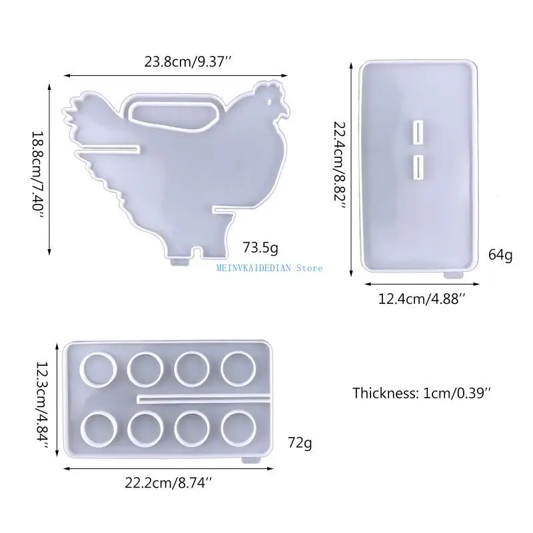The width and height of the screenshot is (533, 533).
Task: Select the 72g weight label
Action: (x=299, y=442)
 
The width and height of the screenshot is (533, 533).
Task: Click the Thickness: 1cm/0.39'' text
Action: (x=421, y=392)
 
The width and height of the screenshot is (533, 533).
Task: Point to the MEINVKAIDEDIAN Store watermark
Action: (x=270, y=268)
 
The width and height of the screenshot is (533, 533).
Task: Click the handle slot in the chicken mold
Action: (x=175, y=113)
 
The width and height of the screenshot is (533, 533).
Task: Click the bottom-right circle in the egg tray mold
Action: (x=239, y=427)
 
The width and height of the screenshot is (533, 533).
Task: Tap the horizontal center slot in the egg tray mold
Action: (x=203, y=398)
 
